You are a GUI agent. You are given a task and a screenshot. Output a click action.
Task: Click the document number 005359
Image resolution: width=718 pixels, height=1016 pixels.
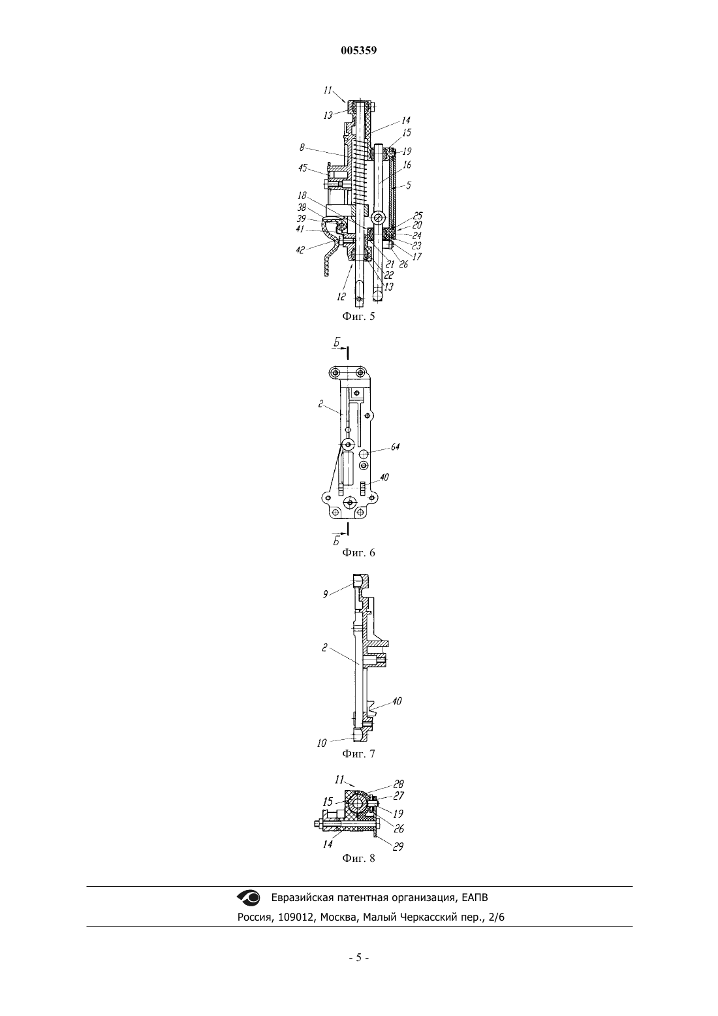(x=358, y=51)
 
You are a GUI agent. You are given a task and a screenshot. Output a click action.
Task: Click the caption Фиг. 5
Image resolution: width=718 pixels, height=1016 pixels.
(x=358, y=317)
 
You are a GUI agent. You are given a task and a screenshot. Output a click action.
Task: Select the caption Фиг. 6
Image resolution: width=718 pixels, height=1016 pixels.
(x=358, y=552)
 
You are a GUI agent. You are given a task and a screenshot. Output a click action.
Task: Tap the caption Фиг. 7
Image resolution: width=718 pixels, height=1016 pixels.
(x=358, y=754)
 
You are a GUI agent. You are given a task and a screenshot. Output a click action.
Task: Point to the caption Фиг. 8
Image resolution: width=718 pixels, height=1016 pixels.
(x=358, y=858)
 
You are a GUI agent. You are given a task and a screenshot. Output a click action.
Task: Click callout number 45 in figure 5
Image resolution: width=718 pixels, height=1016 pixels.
(x=303, y=168)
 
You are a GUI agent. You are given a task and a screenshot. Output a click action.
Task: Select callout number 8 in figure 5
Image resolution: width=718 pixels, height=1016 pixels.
(x=302, y=147)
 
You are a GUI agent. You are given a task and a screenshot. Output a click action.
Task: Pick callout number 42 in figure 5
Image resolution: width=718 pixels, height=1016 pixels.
(x=300, y=249)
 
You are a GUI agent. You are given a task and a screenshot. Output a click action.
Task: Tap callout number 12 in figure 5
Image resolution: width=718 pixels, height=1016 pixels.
(x=341, y=296)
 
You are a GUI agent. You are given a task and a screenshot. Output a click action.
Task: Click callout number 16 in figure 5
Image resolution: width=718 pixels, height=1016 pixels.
(x=407, y=165)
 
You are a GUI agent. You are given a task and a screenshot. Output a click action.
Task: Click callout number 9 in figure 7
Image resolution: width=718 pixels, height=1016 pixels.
(x=325, y=594)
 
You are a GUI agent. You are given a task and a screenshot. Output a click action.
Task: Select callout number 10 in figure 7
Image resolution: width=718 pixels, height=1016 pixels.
(x=321, y=744)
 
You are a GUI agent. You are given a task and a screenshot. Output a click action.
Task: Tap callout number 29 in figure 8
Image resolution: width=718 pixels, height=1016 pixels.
(x=398, y=846)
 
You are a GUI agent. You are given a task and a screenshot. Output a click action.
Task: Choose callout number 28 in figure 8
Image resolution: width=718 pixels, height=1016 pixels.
(x=398, y=784)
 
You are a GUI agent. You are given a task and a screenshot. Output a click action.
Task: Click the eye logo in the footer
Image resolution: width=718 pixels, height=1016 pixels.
(x=249, y=897)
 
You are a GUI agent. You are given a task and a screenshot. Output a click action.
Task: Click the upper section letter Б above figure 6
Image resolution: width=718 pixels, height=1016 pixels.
(x=336, y=344)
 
